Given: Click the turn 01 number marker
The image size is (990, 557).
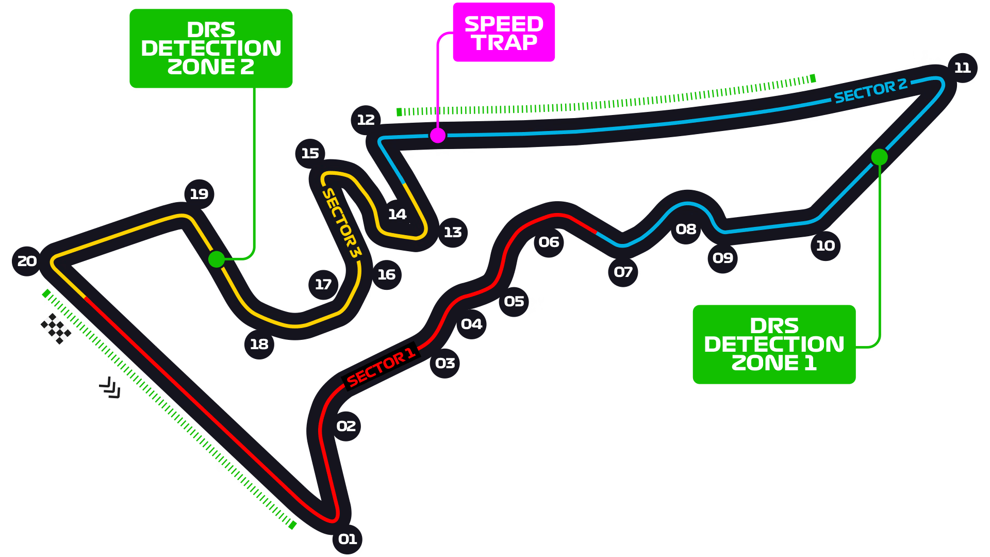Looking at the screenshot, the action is tap(348, 539).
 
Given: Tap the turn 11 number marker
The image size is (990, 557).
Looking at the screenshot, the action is tap(963, 68).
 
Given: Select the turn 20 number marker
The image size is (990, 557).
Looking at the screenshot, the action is tap(27, 261).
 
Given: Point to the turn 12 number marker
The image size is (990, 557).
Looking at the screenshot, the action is tap(366, 120).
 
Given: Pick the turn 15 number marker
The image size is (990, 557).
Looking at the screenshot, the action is tap(310, 153).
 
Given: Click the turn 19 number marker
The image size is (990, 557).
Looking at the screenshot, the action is tap(199, 194).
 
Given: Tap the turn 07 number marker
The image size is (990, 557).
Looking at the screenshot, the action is tap(623, 272).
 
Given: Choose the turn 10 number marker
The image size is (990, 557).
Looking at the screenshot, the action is tap(826, 245).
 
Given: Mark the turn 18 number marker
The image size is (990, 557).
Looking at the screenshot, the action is tap(259, 344).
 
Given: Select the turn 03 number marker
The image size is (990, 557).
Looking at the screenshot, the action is tap(445, 363).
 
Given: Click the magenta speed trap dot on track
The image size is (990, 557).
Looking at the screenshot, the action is tap(438, 136).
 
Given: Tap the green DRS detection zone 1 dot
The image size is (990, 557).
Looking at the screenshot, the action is tap(879, 157).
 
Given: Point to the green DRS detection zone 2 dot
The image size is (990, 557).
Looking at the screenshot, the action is tap(217, 259).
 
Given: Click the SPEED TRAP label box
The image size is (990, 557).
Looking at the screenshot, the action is tap(504, 32).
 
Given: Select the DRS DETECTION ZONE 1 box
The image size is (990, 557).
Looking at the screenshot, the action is tap(774, 345).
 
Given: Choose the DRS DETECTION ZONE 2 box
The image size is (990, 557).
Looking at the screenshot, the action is tap(211, 48).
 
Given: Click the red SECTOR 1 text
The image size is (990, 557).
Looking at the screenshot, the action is tap(381, 367).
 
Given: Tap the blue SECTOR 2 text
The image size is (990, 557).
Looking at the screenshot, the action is tap(870, 91).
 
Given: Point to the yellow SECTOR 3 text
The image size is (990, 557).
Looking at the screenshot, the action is tap(341, 223).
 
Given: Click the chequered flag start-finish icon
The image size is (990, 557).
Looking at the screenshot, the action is tap(56, 329).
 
